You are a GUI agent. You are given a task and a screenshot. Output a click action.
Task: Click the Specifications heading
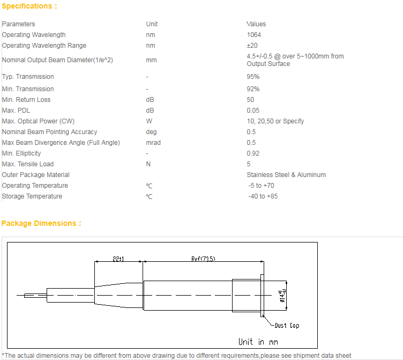point(29,6)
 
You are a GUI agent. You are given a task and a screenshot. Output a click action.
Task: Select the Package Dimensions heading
point(41,223)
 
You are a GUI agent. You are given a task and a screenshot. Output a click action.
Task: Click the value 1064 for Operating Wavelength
point(253,35)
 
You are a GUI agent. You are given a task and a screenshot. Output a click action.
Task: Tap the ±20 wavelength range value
point(252,46)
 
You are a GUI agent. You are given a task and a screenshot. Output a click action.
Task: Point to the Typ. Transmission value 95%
point(253,77)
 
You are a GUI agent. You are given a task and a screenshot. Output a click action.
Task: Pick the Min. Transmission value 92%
point(253,89)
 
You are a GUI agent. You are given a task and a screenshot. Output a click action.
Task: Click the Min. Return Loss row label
point(26,100)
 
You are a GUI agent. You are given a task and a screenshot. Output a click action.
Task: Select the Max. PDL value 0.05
point(253,111)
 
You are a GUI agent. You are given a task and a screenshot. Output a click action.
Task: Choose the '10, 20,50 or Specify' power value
point(275,121)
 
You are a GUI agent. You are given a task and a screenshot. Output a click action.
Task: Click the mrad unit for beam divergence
point(153,143)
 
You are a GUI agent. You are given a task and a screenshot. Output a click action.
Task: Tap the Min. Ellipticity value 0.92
point(253,153)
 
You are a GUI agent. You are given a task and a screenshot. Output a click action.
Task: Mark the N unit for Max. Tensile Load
point(148,164)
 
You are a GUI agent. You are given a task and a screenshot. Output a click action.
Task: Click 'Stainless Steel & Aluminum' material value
point(286,175)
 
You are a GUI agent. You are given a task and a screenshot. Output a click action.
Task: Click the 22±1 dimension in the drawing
point(118,259)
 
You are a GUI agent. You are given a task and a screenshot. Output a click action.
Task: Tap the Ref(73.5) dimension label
point(203,259)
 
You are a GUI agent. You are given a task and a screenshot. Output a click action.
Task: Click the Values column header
point(256,24)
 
